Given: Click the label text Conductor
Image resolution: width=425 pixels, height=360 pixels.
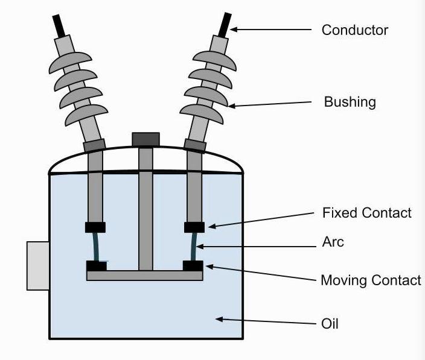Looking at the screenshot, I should (354, 30).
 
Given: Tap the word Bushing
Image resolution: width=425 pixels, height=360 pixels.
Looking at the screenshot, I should (350, 101).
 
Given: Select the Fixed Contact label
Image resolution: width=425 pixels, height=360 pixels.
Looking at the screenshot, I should (367, 213).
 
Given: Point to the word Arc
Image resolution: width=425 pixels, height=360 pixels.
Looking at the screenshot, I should (333, 242).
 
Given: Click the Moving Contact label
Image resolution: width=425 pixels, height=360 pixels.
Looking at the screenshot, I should (371, 280).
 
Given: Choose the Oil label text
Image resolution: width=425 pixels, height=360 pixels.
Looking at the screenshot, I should (330, 324).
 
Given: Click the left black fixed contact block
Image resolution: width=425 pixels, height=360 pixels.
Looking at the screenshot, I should (95, 227).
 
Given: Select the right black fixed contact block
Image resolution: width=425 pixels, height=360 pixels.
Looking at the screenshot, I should (194, 227).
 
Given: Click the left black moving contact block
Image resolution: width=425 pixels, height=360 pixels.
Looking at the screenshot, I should (97, 265).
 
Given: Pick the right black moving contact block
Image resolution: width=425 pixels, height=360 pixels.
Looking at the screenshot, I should (193, 265).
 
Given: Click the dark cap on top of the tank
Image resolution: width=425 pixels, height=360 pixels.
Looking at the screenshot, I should (145, 139).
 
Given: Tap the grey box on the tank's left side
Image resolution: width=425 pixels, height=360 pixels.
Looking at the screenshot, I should (38, 265).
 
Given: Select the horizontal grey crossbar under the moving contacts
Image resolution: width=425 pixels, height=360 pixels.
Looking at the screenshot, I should (144, 276).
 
